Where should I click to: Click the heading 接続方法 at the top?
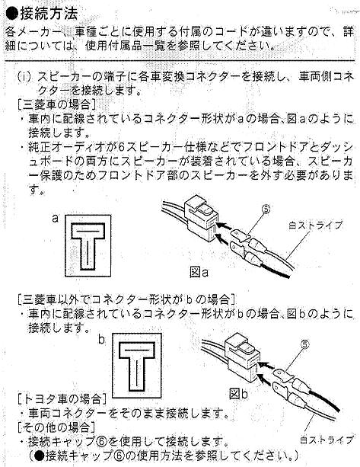tap(49, 14)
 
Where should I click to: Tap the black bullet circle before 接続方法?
tap(12, 14)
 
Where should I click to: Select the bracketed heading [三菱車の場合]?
tap(56, 104)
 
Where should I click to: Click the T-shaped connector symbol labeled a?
tap(88, 246)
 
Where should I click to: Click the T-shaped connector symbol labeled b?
tap(137, 366)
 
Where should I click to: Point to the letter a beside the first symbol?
tap(56, 219)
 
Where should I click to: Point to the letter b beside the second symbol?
tap(102, 339)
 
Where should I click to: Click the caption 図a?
tap(199, 272)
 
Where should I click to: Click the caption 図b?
tap(239, 394)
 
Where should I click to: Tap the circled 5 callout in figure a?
tap(266, 209)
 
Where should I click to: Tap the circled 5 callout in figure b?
tap(305, 344)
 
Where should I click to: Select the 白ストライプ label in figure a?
tap(315, 226)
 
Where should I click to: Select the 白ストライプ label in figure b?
tap(327, 440)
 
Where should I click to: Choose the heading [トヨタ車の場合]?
tap(62, 398)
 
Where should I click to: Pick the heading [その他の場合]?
tap(56, 427)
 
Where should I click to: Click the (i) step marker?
tap(24, 77)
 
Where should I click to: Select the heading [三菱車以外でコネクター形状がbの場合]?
tap(127, 299)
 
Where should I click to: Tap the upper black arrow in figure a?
tap(224, 226)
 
